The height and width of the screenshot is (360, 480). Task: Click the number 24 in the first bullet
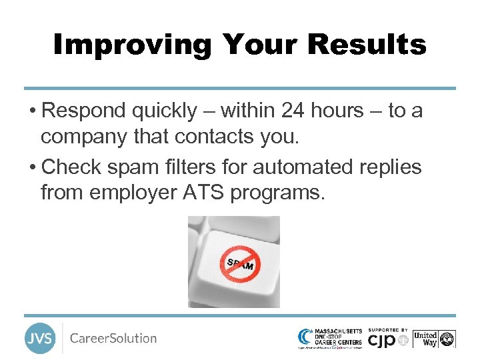(295, 111)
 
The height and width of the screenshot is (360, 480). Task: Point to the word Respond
(86, 111)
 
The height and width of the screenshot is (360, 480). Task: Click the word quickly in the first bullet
(168, 111)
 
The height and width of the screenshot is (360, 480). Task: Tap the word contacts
(213, 137)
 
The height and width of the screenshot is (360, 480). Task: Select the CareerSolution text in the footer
(113, 338)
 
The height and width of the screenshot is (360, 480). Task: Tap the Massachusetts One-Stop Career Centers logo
(331, 338)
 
